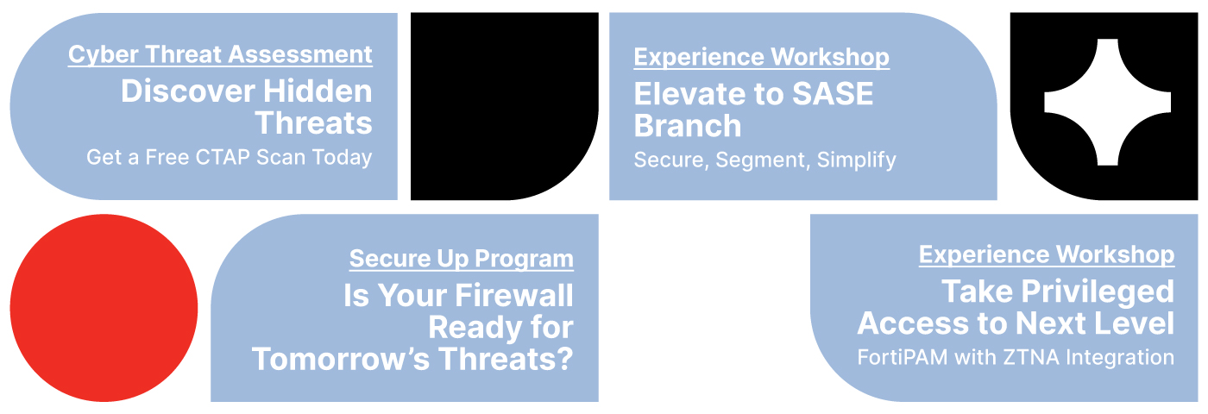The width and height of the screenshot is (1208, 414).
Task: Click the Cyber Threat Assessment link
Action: coord(220,55)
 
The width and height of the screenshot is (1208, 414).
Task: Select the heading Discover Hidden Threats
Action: coord(247,107)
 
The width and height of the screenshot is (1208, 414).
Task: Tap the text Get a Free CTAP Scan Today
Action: coord(230,157)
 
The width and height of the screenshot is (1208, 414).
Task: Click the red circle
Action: coord(104,308)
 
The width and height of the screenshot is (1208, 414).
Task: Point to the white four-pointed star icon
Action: coord(1107,102)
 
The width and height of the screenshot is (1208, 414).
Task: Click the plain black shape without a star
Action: coord(504,106)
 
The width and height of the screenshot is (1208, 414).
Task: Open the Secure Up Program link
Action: coord(462,260)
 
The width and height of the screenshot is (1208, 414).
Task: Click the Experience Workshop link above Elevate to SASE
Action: coord(761,57)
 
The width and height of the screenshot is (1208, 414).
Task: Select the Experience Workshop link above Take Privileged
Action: coord(1047,255)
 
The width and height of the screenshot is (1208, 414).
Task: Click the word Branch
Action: coord(688,126)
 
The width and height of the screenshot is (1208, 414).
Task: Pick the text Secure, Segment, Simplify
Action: coord(764,160)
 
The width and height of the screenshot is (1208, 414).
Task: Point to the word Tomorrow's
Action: coord(341,359)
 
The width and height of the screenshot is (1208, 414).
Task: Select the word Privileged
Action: coord(1098,292)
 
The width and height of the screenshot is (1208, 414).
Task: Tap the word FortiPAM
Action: coord(903,357)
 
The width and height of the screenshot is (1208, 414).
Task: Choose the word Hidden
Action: coord(318,91)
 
